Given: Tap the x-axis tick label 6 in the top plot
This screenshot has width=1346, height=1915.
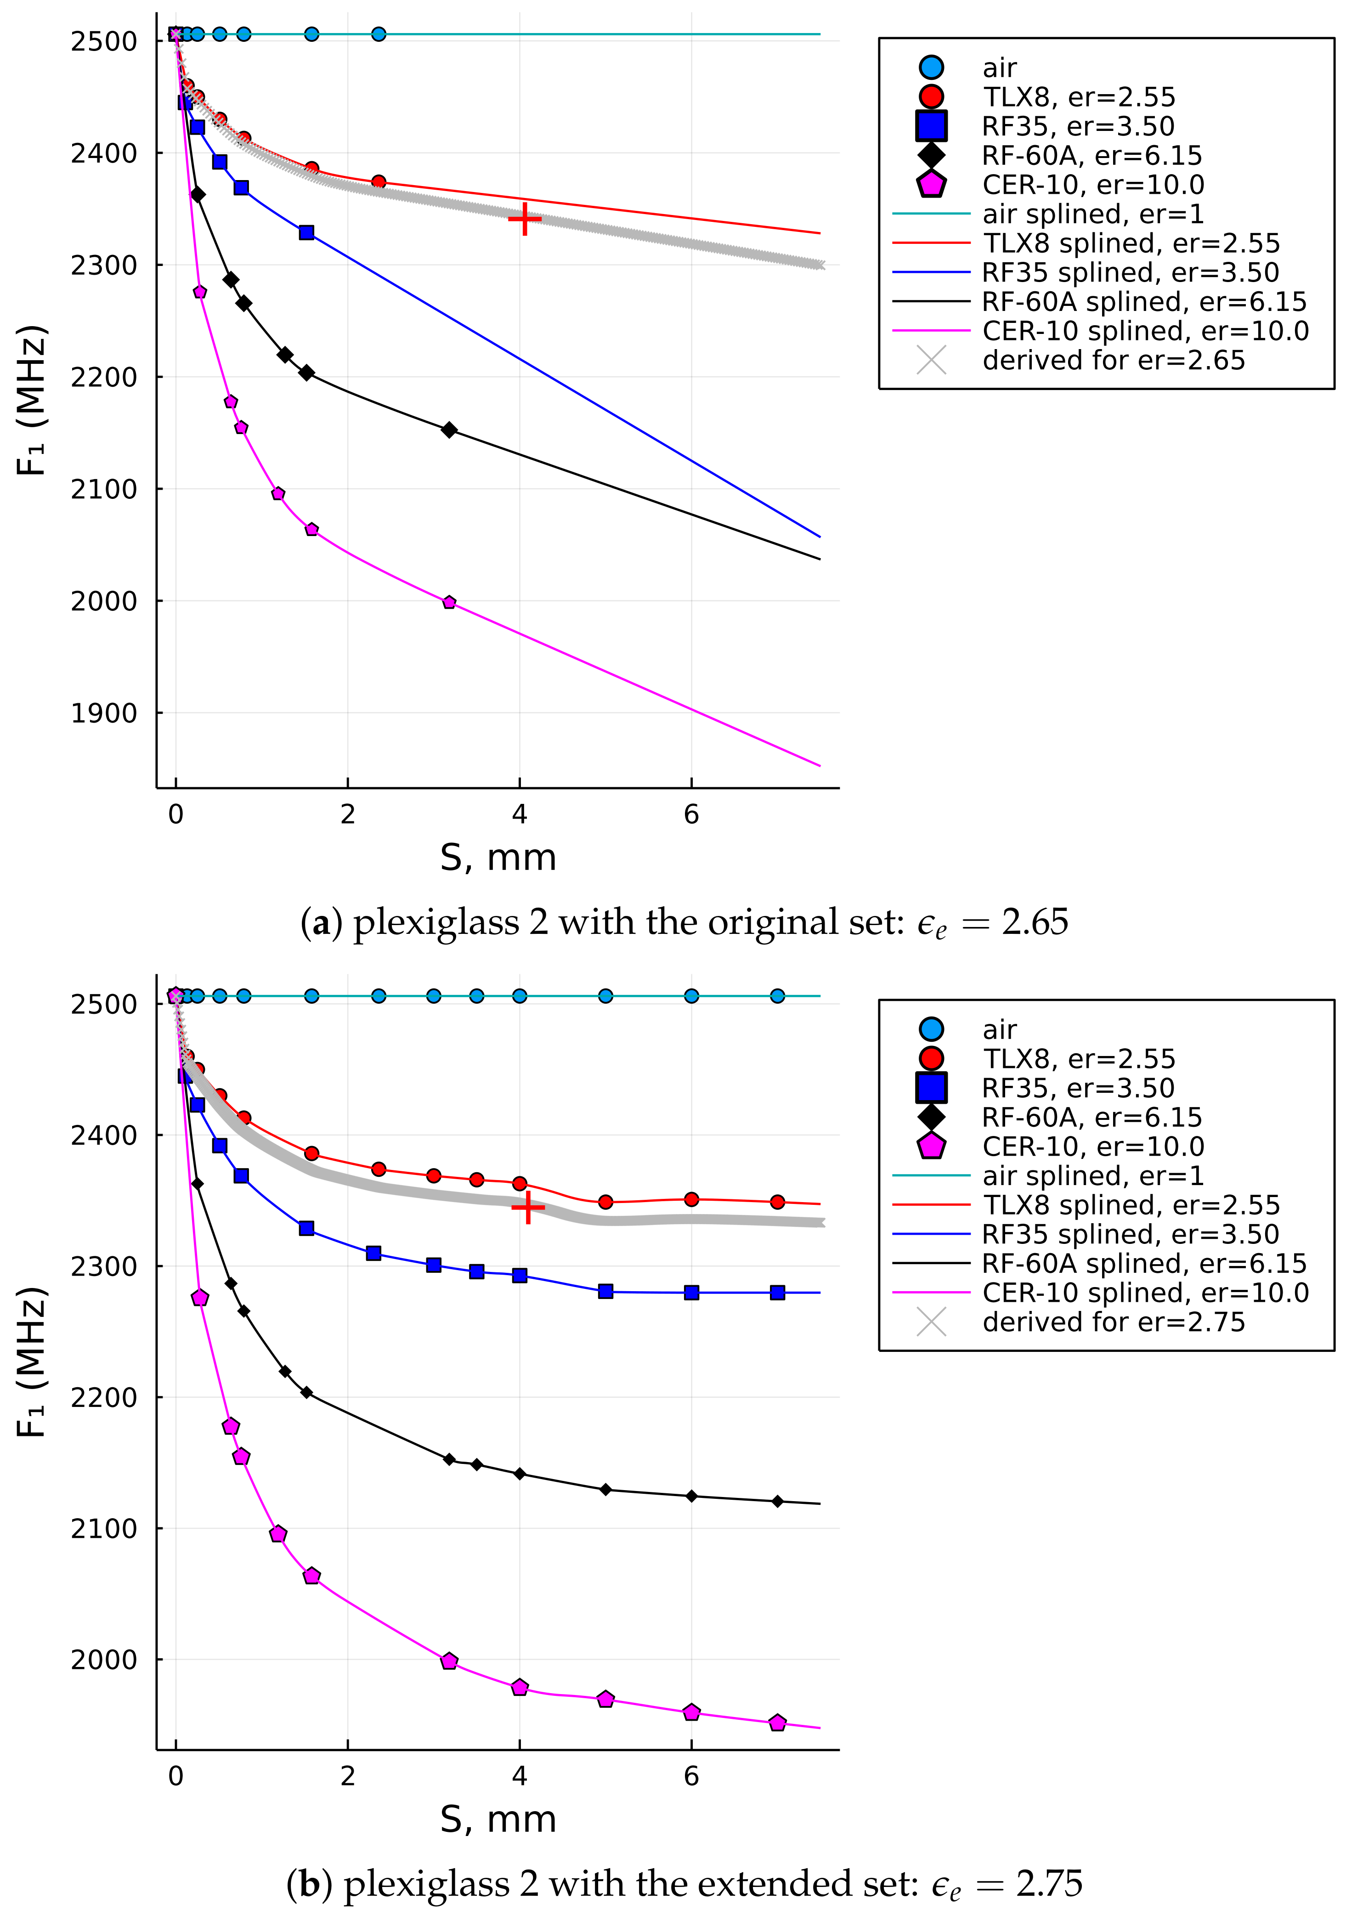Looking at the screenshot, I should click(691, 815).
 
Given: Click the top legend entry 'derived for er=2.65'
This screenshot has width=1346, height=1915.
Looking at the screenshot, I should click(1114, 360).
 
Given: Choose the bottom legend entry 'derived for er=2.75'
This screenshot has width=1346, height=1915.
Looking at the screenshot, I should click(1114, 1322).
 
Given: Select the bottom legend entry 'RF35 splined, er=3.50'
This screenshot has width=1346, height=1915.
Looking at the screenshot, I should click(1130, 1234).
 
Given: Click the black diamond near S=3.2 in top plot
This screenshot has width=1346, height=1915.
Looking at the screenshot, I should click(449, 429).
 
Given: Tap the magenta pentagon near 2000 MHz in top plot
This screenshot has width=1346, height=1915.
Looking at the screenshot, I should click(449, 602).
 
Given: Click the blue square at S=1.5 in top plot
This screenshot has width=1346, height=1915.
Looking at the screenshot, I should click(307, 233).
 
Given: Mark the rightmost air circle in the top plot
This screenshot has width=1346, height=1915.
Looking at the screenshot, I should click(379, 34).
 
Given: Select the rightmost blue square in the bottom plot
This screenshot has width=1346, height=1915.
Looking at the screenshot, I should click(777, 1293).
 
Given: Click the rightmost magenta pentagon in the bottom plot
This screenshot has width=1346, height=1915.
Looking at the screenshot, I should click(777, 1717).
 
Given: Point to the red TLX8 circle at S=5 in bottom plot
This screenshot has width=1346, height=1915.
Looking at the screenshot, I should click(605, 1202).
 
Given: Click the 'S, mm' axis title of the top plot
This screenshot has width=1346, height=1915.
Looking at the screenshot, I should click(498, 858).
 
